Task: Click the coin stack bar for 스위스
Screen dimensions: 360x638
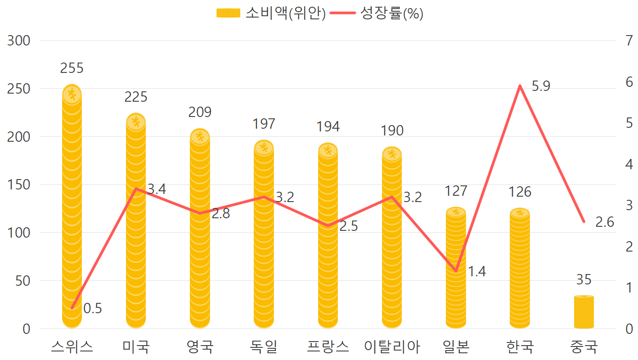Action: [x=72, y=207]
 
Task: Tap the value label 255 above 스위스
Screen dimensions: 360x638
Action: [x=72, y=68]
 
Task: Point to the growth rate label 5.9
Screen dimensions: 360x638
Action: [x=541, y=86]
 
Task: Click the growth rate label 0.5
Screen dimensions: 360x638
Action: [x=93, y=309]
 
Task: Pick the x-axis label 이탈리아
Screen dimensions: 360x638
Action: [x=392, y=347]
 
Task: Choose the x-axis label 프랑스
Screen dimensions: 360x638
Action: [x=328, y=347]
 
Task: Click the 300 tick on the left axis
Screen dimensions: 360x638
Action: [x=19, y=41]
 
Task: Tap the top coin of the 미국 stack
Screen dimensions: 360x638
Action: [x=136, y=121]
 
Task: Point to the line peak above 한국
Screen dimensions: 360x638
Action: [x=520, y=85]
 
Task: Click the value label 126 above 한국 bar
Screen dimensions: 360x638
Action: [x=520, y=192]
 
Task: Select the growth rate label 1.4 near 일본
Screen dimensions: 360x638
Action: [x=476, y=272]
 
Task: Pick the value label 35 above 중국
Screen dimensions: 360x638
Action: [x=584, y=280]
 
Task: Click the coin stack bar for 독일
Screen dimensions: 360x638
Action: [x=264, y=234]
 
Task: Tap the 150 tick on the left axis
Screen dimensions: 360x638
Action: [x=19, y=185]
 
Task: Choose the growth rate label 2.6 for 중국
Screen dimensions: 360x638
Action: [x=605, y=222]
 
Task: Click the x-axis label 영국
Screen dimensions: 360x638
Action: [x=200, y=347]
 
